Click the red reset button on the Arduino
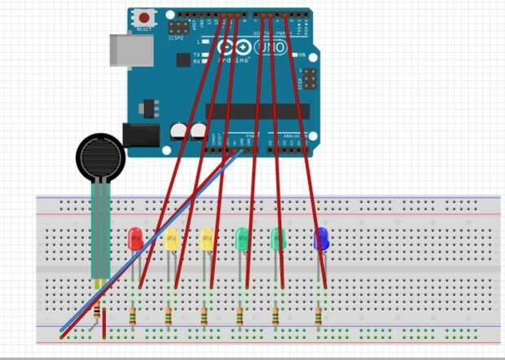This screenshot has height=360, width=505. pyautogui.click(x=146, y=17)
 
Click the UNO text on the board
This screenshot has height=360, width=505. pyautogui.click(x=272, y=49)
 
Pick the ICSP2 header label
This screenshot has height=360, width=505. pyautogui.click(x=176, y=37)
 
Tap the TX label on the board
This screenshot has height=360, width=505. pyautogui.click(x=198, y=55)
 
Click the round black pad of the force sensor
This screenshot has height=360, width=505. pyautogui.click(x=101, y=157)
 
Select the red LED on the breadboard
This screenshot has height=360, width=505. pyautogui.click(x=136, y=239)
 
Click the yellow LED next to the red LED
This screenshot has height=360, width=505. pyautogui.click(x=171, y=240)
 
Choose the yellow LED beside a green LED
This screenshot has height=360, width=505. pyautogui.click(x=207, y=239)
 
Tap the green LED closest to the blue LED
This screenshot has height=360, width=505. pyautogui.click(x=278, y=239)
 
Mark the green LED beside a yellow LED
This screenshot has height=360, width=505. pyautogui.click(x=242, y=239)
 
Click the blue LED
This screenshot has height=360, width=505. pyautogui.click(x=321, y=238)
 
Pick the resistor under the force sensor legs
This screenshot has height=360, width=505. pyautogui.click(x=98, y=311)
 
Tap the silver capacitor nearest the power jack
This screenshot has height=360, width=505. pyautogui.click(x=178, y=131)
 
